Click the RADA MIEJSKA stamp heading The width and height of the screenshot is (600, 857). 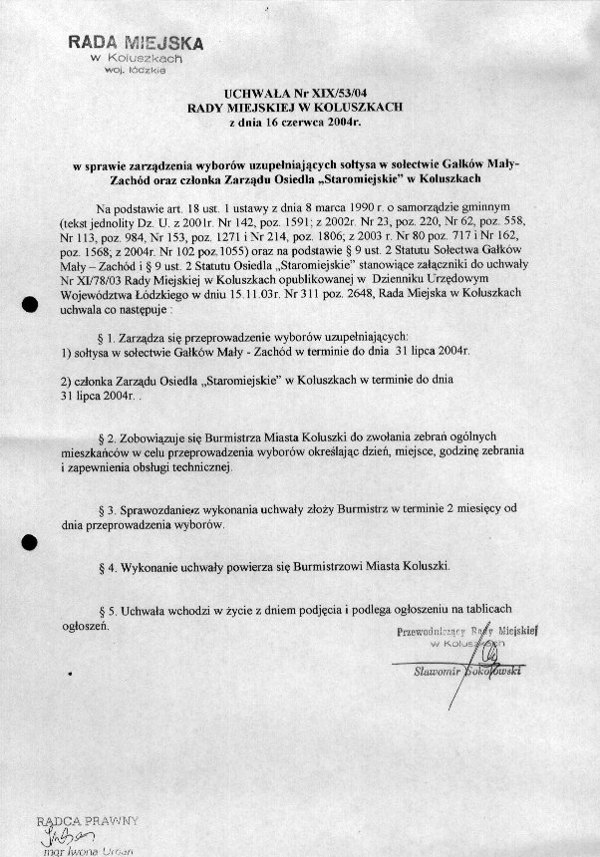pyautogui.click(x=136, y=43)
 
